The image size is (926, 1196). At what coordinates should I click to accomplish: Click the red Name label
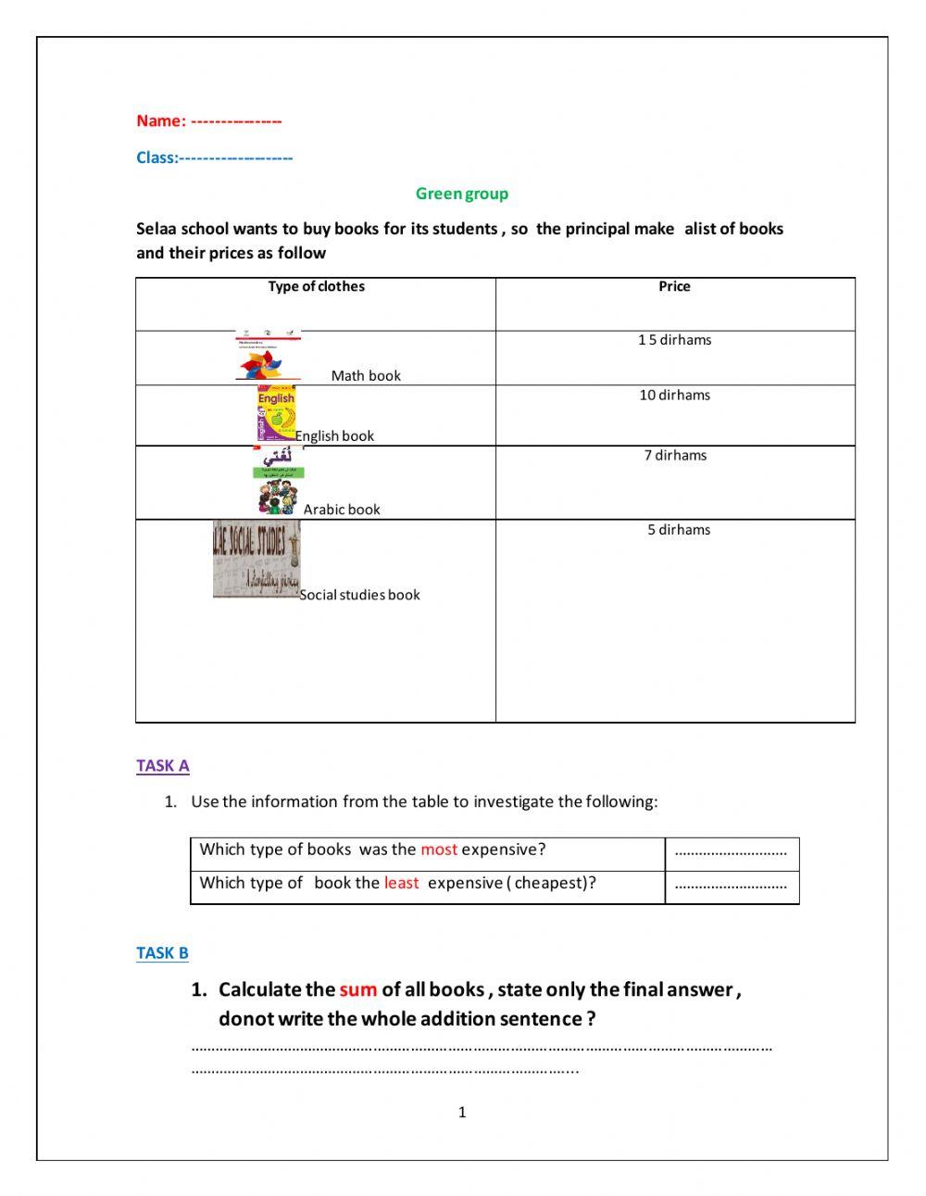(161, 120)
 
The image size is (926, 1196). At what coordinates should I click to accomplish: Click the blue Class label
(156, 157)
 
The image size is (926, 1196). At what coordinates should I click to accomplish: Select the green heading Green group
(461, 194)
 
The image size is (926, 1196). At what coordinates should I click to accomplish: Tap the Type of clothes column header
(316, 286)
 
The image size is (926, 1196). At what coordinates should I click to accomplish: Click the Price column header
(674, 286)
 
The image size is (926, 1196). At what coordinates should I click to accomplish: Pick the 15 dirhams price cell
(674, 340)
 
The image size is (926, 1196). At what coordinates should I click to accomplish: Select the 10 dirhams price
(674, 395)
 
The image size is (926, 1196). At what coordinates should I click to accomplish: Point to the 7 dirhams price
(675, 455)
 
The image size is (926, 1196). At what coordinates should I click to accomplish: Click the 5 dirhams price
(679, 530)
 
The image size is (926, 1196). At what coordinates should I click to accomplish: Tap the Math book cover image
(269, 356)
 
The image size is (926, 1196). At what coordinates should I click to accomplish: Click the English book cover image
(276, 414)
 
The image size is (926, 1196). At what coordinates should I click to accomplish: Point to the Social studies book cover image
(257, 559)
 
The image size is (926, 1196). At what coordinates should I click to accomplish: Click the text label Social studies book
(359, 595)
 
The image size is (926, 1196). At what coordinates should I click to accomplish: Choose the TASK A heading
(163, 765)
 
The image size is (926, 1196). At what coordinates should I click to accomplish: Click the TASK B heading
(162, 952)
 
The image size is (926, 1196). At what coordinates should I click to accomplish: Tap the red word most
(439, 850)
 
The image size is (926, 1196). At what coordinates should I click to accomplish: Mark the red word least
(401, 883)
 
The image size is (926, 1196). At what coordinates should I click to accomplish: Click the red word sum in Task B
(357, 989)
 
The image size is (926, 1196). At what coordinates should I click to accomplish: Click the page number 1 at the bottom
(462, 1113)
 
